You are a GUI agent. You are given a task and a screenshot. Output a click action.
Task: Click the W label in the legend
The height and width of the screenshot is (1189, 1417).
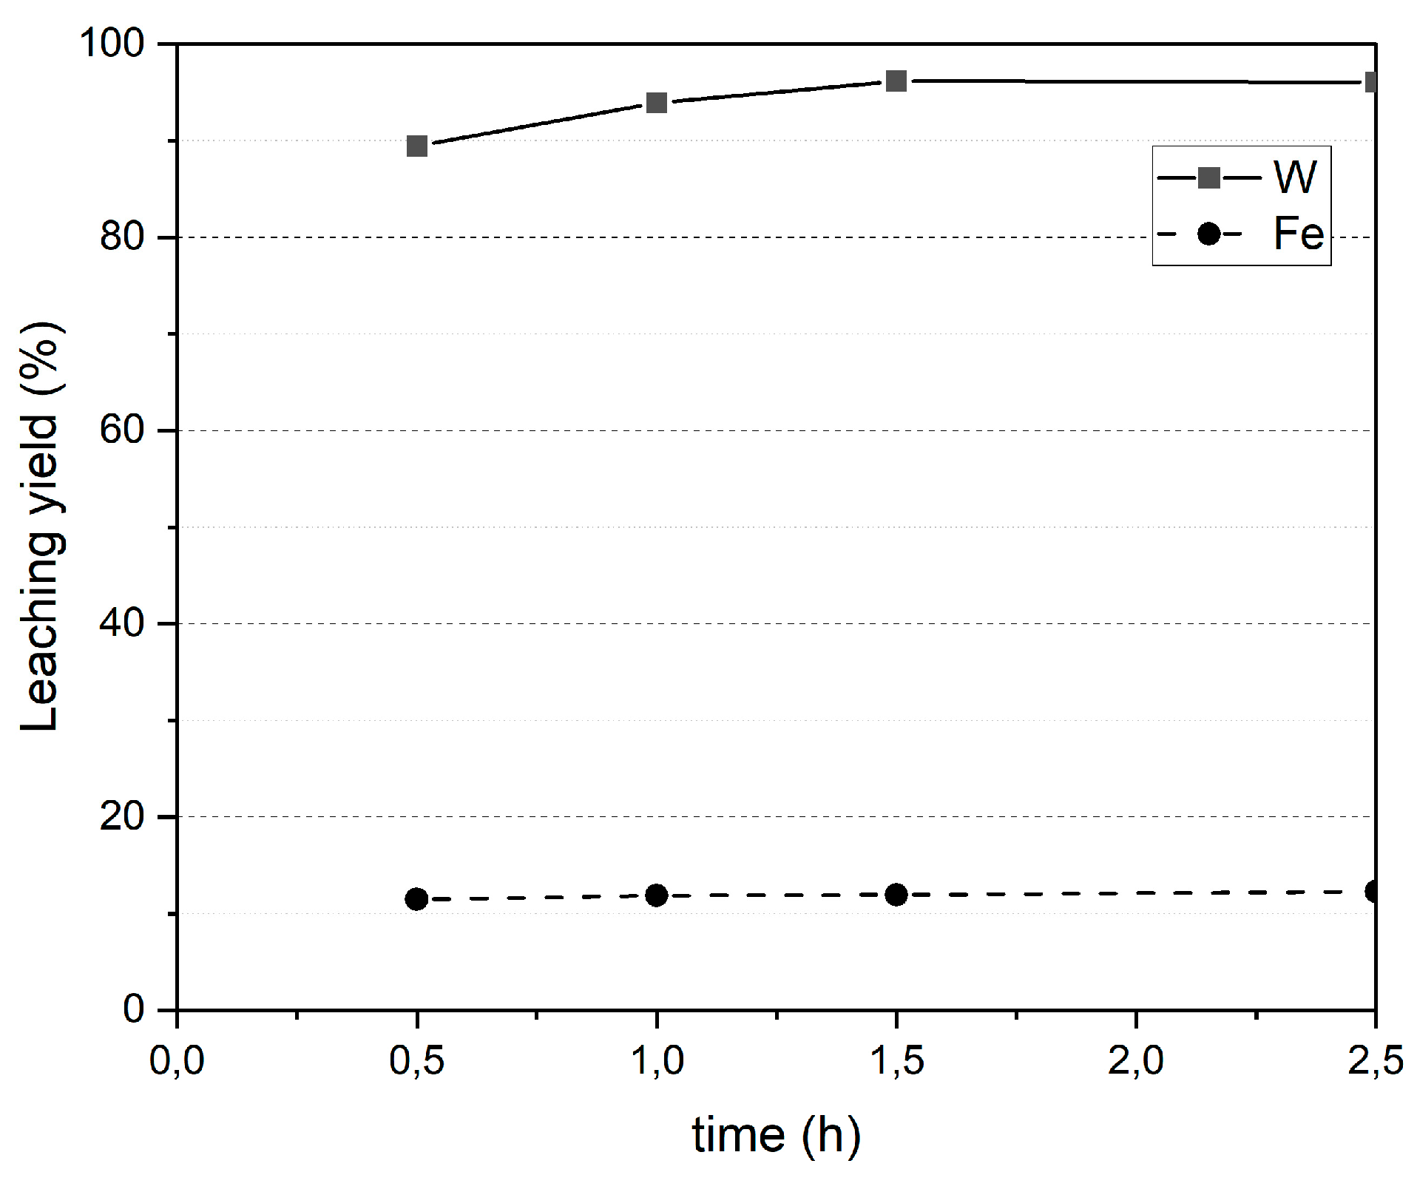[1295, 177]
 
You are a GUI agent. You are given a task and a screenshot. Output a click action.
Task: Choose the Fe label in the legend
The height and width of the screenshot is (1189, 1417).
[1298, 234]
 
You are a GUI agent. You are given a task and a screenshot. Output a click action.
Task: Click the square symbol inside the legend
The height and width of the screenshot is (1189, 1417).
[1208, 177]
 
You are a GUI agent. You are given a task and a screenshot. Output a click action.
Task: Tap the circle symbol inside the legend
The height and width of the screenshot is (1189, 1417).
[1208, 234]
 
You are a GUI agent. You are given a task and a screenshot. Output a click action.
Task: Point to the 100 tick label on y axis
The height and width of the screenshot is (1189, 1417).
[112, 44]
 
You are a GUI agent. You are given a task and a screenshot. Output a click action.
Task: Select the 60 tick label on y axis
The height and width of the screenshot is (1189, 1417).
[122, 430]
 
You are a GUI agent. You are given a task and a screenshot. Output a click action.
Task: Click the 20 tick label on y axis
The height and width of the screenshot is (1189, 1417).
[122, 816]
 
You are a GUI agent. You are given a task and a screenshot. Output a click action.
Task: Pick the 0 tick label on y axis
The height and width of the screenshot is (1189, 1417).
[134, 1009]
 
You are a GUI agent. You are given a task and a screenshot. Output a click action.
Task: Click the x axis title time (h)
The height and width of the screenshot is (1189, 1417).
[776, 1136]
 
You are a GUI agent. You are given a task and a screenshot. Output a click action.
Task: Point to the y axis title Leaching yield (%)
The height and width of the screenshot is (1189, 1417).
[41, 526]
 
